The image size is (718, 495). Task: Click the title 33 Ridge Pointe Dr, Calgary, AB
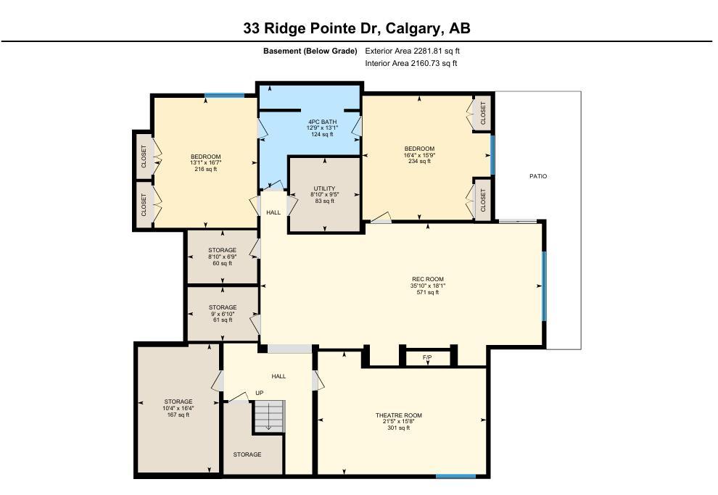pyautogui.click(x=357, y=29)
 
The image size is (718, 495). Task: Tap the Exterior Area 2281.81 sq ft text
pyautogui.click(x=412, y=51)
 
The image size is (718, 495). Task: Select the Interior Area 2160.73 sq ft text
pyautogui.click(x=410, y=64)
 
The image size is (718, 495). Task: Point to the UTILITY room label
pyautogui.click(x=324, y=188)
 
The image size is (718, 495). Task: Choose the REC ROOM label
pyautogui.click(x=427, y=279)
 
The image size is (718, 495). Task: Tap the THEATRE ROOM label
pyautogui.click(x=398, y=415)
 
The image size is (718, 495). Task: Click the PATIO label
pyautogui.click(x=537, y=176)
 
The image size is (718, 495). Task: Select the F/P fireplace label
pyautogui.click(x=428, y=358)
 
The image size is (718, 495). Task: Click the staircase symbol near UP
pyautogui.click(x=268, y=417)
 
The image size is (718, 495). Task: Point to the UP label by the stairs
pyautogui.click(x=259, y=393)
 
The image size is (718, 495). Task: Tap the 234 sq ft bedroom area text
pyautogui.click(x=419, y=162)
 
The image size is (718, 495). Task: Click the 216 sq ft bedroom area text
pyautogui.click(x=205, y=170)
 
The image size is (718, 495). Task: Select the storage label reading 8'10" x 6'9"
pyautogui.click(x=223, y=257)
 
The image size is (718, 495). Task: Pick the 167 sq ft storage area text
pyautogui.click(x=178, y=415)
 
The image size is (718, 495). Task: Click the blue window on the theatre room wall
pyautogui.click(x=455, y=476)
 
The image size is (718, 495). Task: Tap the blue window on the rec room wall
pyautogui.click(x=542, y=280)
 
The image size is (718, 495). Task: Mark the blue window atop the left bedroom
pyautogui.click(x=224, y=95)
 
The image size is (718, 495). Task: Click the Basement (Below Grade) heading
pyautogui.click(x=310, y=51)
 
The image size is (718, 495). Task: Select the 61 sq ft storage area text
pyautogui.click(x=223, y=320)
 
